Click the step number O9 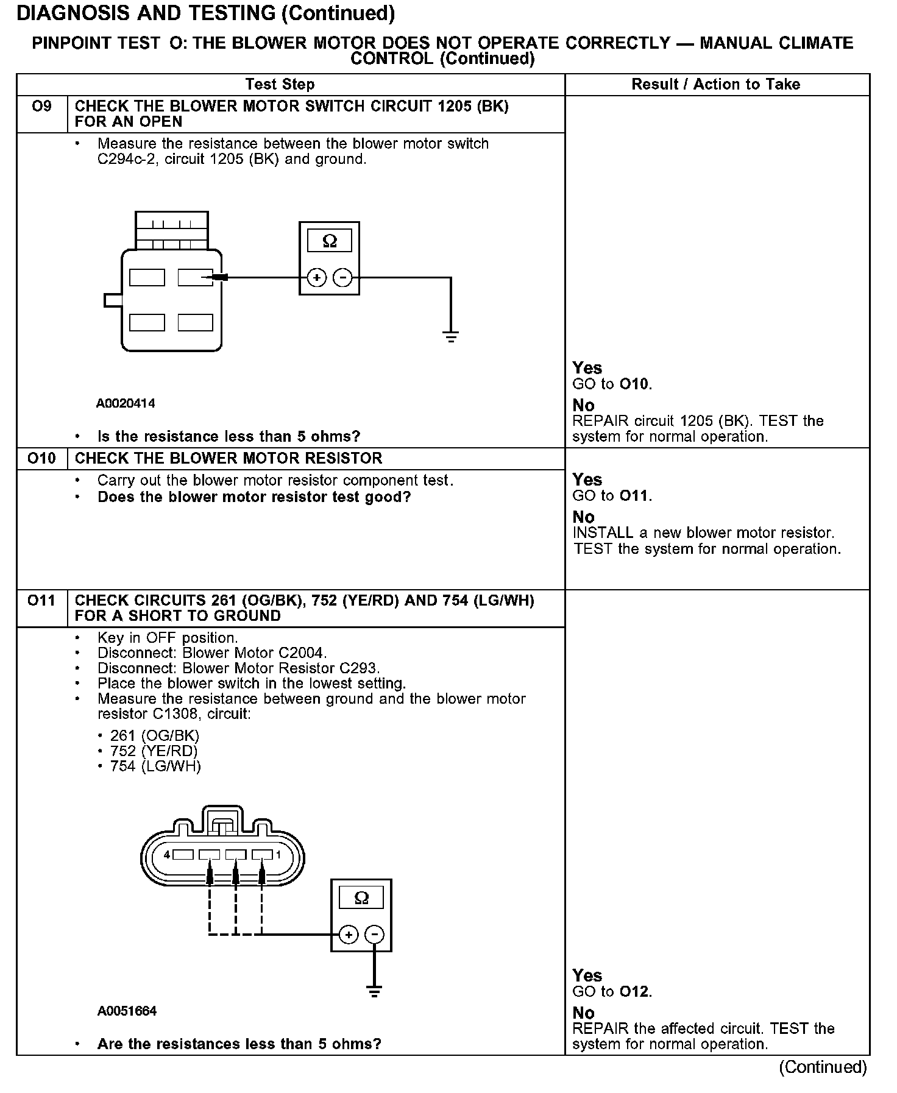tap(41, 107)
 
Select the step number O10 tap(41, 458)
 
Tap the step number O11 tap(41, 601)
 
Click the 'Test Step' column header tap(280, 85)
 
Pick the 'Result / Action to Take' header tap(715, 85)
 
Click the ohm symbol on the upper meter tap(329, 241)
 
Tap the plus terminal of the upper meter tap(316, 278)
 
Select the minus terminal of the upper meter tap(343, 278)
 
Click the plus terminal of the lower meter tap(348, 935)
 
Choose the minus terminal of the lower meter tap(375, 935)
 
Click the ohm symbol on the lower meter tap(361, 898)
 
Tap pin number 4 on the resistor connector tap(167, 855)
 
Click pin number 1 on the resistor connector tap(278, 855)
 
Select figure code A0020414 tap(126, 403)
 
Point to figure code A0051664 tap(127, 1011)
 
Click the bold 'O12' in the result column tap(634, 992)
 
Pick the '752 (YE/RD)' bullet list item tap(154, 751)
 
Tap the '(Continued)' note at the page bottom tap(823, 1067)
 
